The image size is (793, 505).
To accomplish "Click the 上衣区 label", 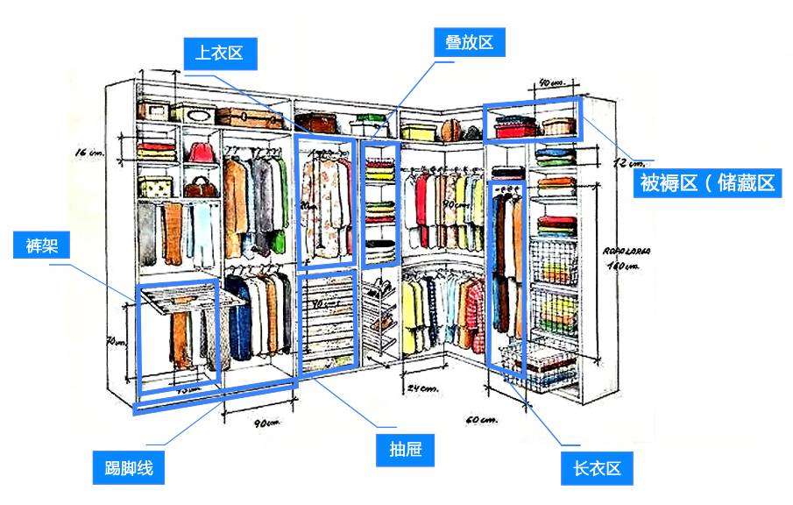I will click(x=220, y=53).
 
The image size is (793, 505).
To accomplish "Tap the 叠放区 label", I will click(x=470, y=42).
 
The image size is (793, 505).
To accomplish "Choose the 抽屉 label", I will click(x=406, y=450).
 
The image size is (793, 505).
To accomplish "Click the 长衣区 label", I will click(x=597, y=469).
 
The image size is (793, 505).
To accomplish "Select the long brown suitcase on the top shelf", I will click(x=251, y=117).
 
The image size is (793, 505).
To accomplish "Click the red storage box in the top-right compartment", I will click(x=514, y=128).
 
